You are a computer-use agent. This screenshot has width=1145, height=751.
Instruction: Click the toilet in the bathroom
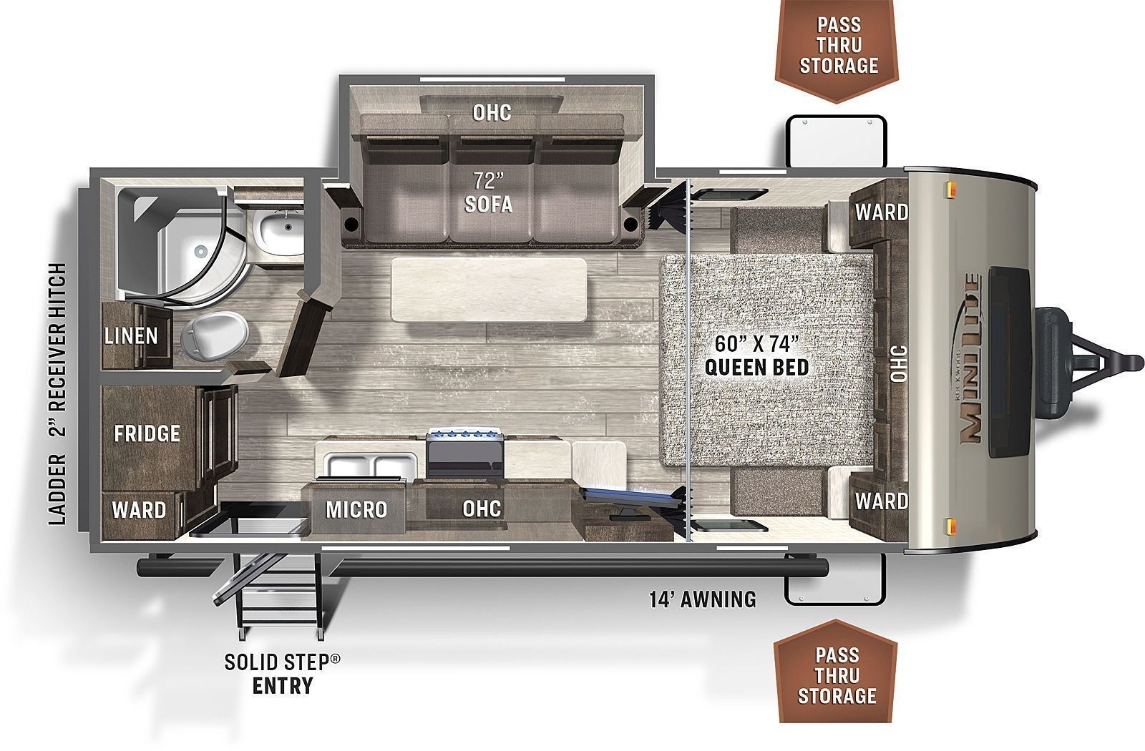click(x=215, y=336)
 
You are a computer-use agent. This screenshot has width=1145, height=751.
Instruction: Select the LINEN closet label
click(x=132, y=336)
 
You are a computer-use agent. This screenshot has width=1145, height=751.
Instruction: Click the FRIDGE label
click(x=147, y=433)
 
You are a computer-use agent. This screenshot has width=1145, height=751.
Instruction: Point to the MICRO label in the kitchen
click(x=356, y=509)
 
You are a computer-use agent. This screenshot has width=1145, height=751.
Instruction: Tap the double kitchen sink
click(x=371, y=466)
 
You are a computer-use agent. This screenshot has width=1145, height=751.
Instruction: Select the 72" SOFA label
click(x=488, y=192)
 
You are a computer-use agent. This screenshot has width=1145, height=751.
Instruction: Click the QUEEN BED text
click(x=756, y=367)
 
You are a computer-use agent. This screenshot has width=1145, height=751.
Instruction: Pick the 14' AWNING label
click(x=703, y=599)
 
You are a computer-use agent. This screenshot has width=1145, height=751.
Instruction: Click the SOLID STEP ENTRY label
click(x=282, y=674)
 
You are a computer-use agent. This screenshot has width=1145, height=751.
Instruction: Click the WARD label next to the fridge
click(x=139, y=510)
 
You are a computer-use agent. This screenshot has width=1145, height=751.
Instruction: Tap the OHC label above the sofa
click(x=492, y=113)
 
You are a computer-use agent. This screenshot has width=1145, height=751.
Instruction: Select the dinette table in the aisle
click(x=489, y=290)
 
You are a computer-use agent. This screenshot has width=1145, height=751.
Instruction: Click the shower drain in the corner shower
click(x=200, y=251)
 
